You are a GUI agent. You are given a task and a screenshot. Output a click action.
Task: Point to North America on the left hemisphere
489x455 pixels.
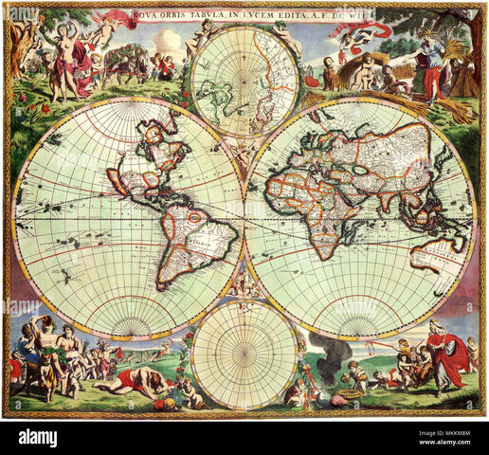[x=142, y=161]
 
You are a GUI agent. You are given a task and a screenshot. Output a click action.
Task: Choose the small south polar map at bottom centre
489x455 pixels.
[x=244, y=354]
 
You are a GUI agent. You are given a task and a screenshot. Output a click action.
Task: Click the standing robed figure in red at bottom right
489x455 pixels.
[x=445, y=355]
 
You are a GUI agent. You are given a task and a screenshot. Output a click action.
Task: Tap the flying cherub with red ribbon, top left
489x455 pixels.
[x=114, y=21]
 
